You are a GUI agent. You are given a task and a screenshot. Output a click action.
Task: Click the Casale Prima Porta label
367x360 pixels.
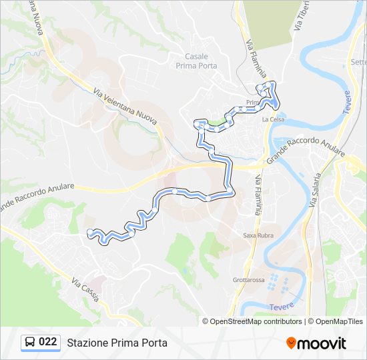(x=192, y=61)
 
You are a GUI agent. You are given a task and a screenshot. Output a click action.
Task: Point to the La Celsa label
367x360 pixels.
(x=274, y=119)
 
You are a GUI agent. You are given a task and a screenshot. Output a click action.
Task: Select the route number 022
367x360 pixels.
(x=47, y=342)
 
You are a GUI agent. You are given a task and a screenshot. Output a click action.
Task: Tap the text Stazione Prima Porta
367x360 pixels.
(x=117, y=343)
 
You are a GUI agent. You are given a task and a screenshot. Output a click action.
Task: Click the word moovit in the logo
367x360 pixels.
(x=322, y=343)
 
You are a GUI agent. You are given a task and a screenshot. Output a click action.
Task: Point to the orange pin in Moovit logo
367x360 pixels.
(x=292, y=343)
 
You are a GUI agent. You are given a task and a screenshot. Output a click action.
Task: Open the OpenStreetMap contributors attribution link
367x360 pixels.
(x=255, y=321)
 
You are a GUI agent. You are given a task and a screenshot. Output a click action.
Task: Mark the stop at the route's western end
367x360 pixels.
(x=90, y=232)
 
